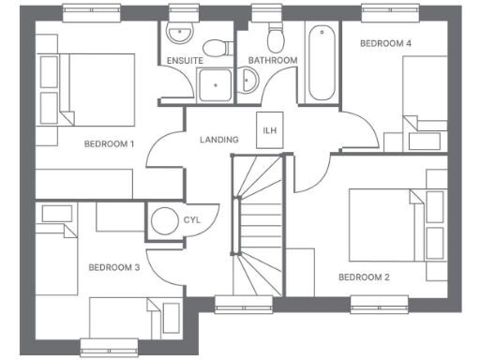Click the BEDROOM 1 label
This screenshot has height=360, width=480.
coord(110,143)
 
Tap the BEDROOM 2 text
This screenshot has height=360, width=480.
coord(363,277)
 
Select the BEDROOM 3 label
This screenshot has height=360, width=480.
coord(113,267)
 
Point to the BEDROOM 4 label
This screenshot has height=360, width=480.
coord(386,43)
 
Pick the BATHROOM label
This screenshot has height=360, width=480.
coord(272,61)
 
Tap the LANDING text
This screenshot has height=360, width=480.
coord(219,140)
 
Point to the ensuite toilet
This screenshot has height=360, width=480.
coord(216,49)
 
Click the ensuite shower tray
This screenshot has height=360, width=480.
coord(216,85)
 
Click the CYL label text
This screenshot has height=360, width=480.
coord(193,220)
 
